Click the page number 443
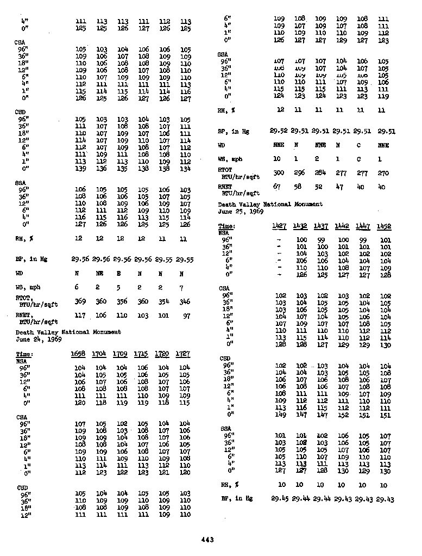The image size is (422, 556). tap(207, 540)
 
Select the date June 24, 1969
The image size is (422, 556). tap(39, 338)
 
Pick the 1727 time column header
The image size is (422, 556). tap(185, 354)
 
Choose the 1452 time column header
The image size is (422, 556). tap(385, 226)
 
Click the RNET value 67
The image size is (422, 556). tap(278, 187)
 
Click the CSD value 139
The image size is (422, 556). tap(80, 168)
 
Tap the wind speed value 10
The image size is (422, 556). tap(278, 159)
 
